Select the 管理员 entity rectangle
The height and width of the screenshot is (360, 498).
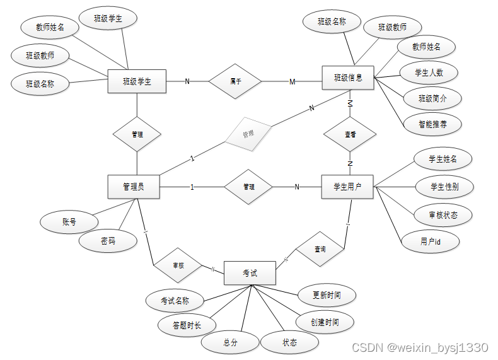click(x=133, y=187)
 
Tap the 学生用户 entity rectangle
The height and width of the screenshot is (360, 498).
click(x=347, y=187)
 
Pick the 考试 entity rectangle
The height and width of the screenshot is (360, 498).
click(x=250, y=272)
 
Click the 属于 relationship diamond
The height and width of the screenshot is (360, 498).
click(x=236, y=81)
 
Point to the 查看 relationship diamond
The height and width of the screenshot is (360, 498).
click(x=350, y=135)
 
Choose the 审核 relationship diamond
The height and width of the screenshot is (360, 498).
click(x=178, y=265)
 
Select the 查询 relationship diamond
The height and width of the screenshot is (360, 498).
click(x=320, y=250)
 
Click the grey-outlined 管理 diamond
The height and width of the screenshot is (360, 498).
click(x=248, y=134)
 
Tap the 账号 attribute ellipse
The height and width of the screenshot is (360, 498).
click(x=69, y=221)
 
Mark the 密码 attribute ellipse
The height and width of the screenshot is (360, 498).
click(x=108, y=240)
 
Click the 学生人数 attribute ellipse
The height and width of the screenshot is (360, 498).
click(x=429, y=73)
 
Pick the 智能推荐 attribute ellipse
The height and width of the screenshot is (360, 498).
click(x=432, y=124)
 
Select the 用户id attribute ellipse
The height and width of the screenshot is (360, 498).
click(x=431, y=241)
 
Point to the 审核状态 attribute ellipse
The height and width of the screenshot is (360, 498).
click(x=443, y=215)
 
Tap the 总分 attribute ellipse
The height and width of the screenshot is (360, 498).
click(x=230, y=342)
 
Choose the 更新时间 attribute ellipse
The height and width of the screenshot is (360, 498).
click(x=327, y=294)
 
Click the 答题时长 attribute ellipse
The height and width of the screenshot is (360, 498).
click(x=187, y=325)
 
